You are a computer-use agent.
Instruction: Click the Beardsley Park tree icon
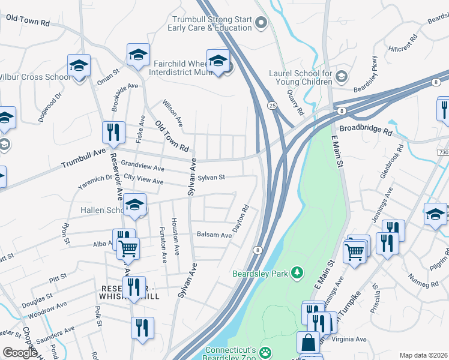coord(297,274)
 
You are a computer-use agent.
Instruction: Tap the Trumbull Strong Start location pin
coord(261,23)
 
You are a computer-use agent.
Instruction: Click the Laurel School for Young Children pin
coord(341,76)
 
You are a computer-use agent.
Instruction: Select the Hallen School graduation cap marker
coord(136,206)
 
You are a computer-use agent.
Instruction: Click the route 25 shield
coord(272,106)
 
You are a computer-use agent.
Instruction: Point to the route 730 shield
coord(443,153)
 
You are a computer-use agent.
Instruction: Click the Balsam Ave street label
coord(214,235)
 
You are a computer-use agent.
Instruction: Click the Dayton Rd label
coord(241,221)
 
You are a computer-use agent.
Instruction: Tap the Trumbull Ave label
coord(83,158)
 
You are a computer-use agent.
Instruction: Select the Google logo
coord(20,352)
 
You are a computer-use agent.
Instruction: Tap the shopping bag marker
coord(308,343)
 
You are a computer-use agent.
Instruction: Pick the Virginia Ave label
coord(349,339)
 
